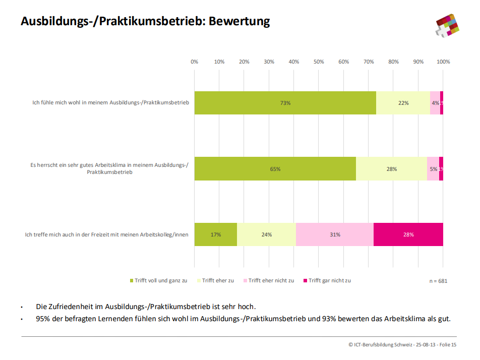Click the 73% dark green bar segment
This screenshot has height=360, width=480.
[x=285, y=103]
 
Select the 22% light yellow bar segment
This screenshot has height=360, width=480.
[x=403, y=103]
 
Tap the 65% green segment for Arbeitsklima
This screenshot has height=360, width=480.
[x=275, y=169]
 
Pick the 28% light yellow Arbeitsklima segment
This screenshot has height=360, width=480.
[x=391, y=169]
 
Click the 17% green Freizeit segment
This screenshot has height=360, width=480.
[x=215, y=234]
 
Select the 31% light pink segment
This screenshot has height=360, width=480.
[x=334, y=234]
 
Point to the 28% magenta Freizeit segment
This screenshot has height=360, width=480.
[x=408, y=234]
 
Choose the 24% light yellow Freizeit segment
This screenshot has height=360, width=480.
[x=266, y=234]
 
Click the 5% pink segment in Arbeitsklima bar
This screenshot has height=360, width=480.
[x=433, y=169]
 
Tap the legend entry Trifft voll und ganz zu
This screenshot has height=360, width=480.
[x=158, y=280]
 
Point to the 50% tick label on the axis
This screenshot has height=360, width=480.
[x=319, y=62]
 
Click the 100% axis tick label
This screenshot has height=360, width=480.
[x=443, y=62]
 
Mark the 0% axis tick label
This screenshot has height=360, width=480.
[x=194, y=62]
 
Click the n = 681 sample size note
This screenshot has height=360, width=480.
[x=438, y=281]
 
